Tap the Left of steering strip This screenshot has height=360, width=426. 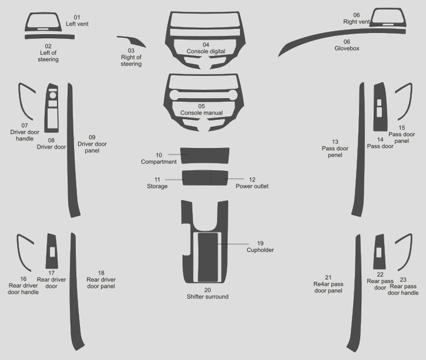click(50, 37)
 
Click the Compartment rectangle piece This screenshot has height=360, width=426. click(205, 156)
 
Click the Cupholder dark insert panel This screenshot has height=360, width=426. click(208, 257)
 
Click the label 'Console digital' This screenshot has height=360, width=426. click(206, 51)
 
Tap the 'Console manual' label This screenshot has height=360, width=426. click(202, 113)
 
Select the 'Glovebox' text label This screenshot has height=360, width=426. click(347, 48)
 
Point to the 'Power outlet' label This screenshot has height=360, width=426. click(252, 186)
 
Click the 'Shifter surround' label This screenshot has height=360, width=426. click(208, 297)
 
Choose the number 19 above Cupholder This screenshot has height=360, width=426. click(260, 243)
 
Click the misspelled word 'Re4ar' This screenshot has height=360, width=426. click(321, 284)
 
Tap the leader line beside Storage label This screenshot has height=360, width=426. click(175, 179)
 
